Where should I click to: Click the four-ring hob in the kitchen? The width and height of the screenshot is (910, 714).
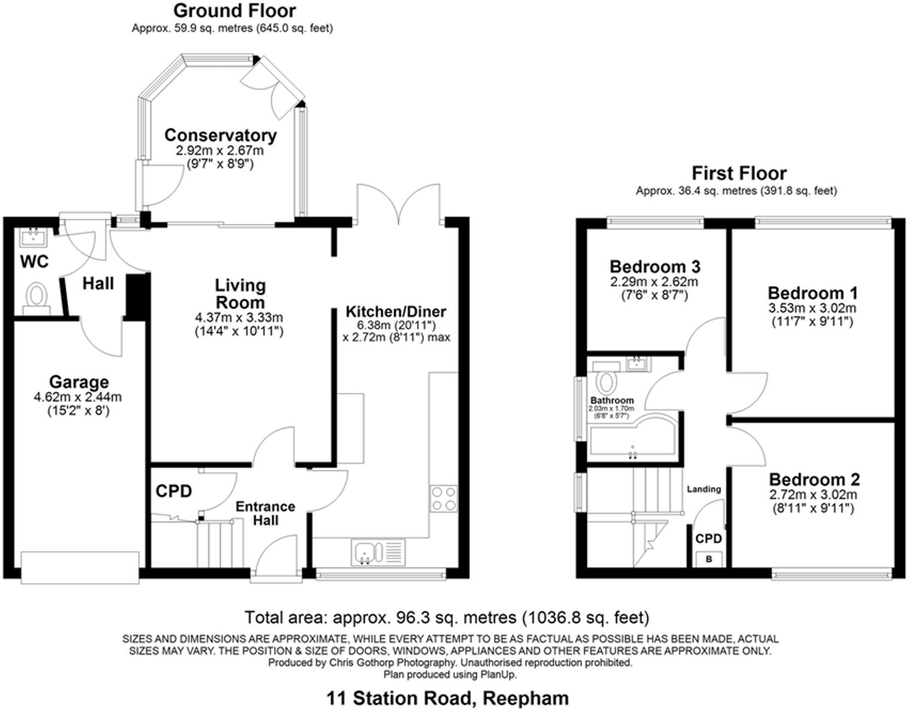point(444,498)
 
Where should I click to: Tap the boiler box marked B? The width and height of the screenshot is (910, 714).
point(709,559)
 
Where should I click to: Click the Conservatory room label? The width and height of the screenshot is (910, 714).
point(220,135)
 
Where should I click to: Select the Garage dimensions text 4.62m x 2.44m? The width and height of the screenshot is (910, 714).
point(78,397)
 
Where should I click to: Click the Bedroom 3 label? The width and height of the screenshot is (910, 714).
point(654,267)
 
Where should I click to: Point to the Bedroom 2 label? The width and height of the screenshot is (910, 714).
point(814,480)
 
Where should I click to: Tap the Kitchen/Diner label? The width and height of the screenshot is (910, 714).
point(396,312)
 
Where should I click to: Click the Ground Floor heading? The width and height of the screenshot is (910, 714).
point(234,11)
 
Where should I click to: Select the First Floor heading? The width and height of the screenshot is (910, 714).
point(739,174)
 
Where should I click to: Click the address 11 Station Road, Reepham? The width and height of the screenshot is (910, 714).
point(447,698)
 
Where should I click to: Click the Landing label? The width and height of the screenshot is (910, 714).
point(703,489)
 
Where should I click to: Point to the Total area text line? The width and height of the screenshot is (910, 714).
point(447,617)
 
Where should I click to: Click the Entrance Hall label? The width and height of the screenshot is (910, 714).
point(265,513)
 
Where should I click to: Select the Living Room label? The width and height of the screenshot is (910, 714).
point(240,294)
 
